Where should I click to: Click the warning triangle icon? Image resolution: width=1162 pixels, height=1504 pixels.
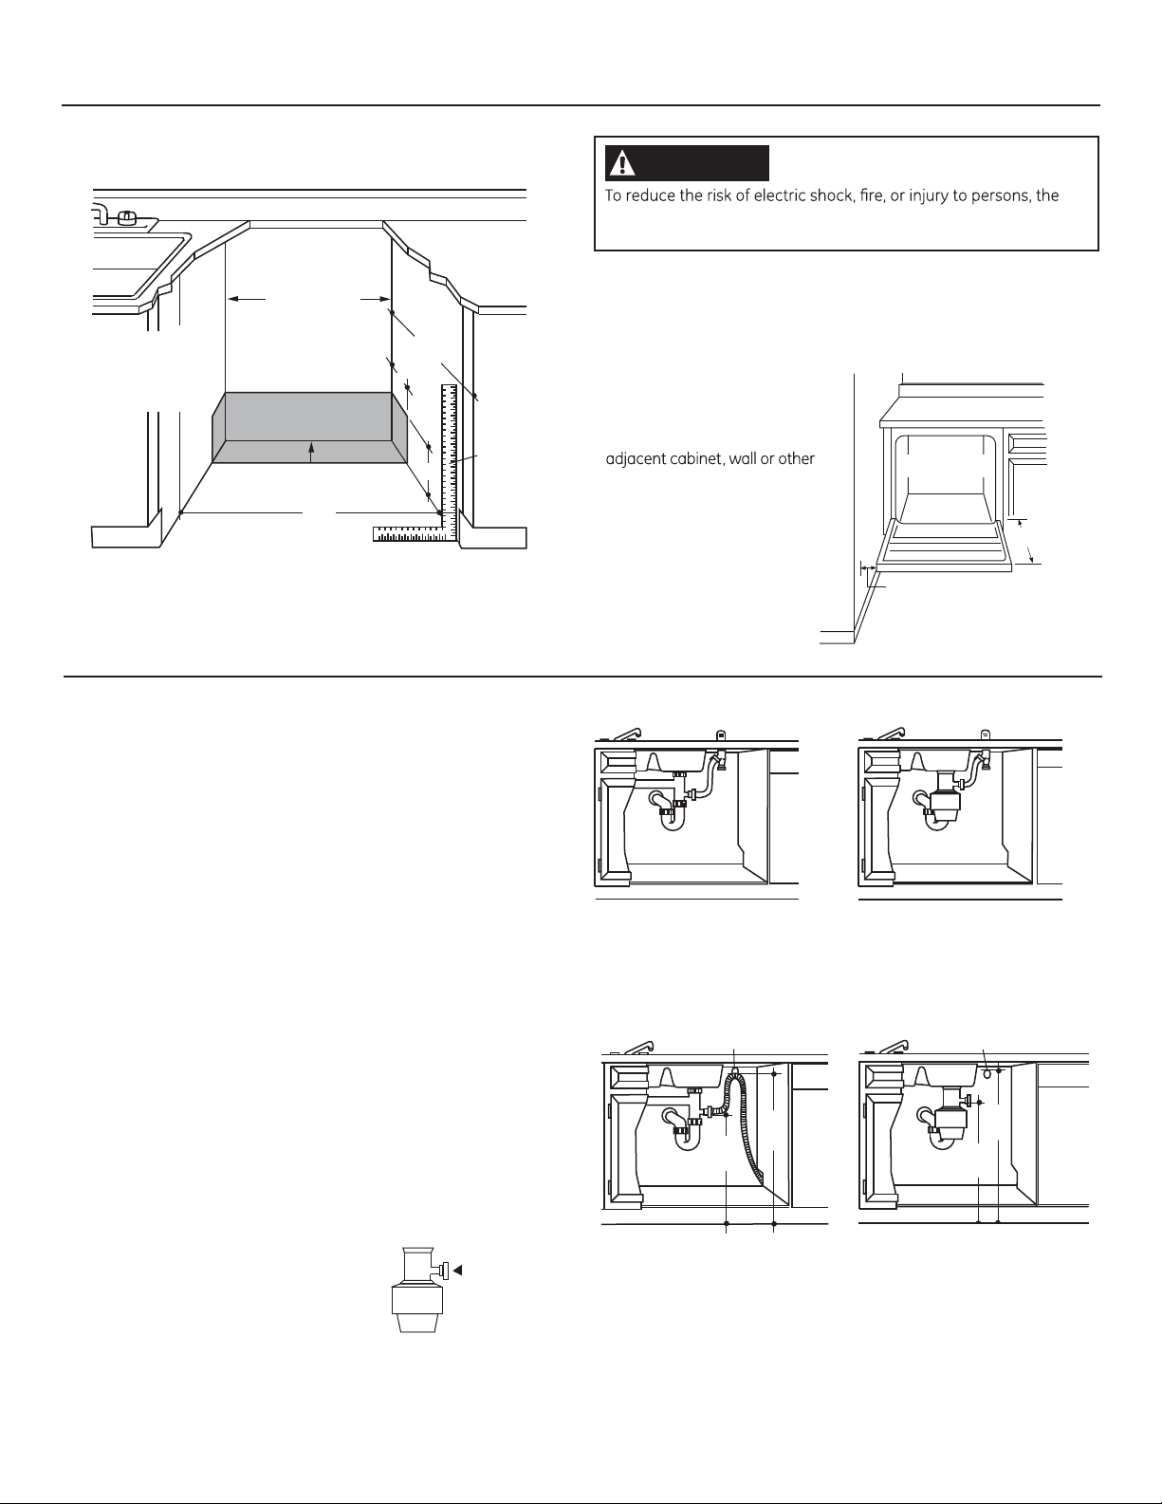click(623, 163)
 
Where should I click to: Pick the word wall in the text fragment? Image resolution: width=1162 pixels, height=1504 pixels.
click(744, 459)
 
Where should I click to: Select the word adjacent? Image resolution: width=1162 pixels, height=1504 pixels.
click(636, 459)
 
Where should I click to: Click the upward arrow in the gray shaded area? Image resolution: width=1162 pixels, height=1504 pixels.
click(311, 452)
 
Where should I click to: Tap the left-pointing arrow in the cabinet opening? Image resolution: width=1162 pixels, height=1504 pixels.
click(248, 299)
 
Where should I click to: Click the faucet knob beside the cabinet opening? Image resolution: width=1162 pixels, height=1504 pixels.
click(125, 218)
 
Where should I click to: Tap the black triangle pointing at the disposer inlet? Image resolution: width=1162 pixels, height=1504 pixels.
click(457, 1270)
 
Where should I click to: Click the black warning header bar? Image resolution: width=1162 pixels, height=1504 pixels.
click(687, 163)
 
